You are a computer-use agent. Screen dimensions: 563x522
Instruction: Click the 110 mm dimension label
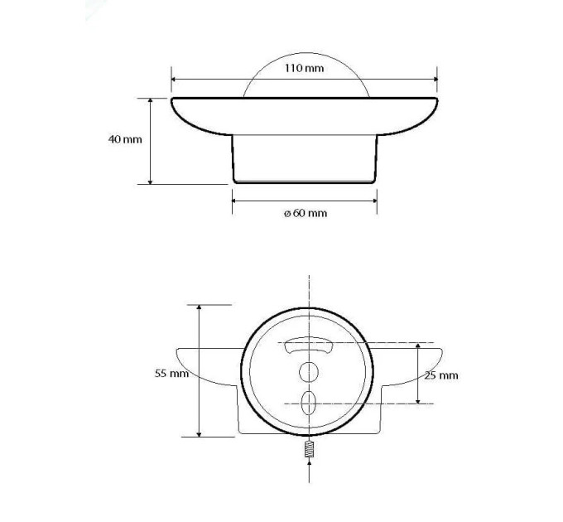(x=304, y=68)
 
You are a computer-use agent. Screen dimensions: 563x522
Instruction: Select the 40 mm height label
(x=125, y=139)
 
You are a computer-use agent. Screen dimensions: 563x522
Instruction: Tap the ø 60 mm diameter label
(x=306, y=213)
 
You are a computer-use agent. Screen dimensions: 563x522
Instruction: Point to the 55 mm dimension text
(x=171, y=373)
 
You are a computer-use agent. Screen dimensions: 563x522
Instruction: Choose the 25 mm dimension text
(x=441, y=375)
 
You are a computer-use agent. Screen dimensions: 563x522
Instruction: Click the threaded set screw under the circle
(x=309, y=449)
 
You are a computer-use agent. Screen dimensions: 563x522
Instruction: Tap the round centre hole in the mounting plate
(x=309, y=373)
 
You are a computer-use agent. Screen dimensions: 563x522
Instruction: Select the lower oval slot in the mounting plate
(x=309, y=403)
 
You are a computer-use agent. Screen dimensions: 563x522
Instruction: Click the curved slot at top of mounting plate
(x=309, y=345)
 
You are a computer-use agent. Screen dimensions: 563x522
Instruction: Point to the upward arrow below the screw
(x=309, y=471)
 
